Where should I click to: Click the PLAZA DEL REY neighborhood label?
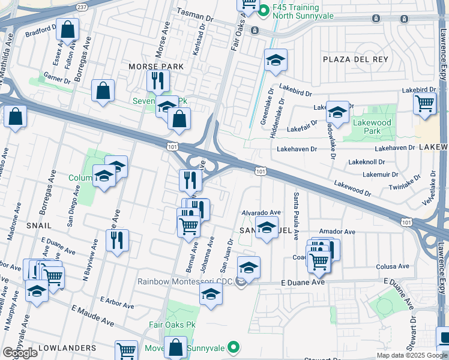point(355,59)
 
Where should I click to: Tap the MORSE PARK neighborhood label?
point(152,66)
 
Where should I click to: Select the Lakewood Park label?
point(372,127)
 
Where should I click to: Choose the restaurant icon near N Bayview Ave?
point(117,239)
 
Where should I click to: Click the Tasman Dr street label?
point(195,12)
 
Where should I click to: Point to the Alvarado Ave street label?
point(261,212)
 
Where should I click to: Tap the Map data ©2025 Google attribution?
point(411,355)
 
